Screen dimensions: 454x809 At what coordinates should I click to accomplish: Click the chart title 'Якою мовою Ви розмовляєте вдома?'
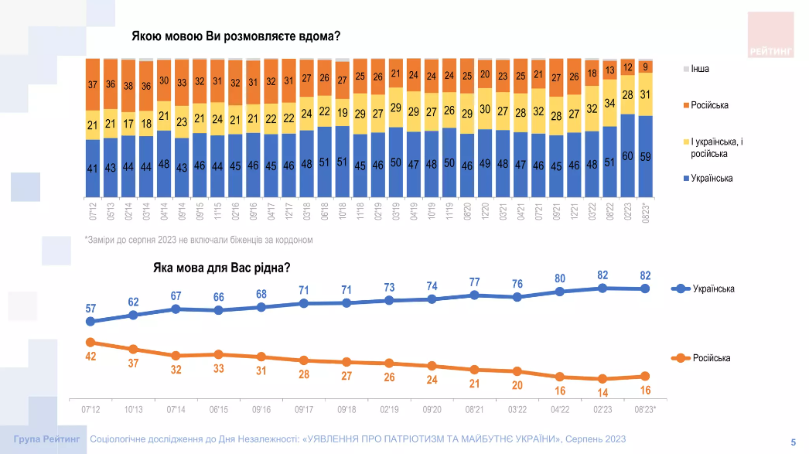click(x=236, y=36)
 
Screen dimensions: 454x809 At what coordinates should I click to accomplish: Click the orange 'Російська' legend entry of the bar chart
click(x=708, y=105)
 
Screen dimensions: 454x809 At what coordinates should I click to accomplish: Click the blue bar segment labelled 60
click(x=628, y=157)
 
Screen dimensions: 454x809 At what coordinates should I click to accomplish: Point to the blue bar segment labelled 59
click(x=646, y=157)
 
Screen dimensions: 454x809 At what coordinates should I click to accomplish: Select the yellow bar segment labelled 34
click(x=609, y=103)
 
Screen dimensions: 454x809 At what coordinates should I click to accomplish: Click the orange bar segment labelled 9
click(x=646, y=66)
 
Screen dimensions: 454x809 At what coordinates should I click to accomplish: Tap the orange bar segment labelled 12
click(x=628, y=67)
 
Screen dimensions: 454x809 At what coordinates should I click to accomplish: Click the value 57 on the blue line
click(x=90, y=308)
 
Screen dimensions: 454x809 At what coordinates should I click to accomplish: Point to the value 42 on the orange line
click(x=90, y=356)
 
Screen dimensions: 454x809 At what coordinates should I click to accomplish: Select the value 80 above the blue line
click(x=559, y=278)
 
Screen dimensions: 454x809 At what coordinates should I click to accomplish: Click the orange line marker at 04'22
click(x=559, y=377)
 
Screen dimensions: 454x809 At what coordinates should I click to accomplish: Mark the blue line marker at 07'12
click(x=90, y=321)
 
